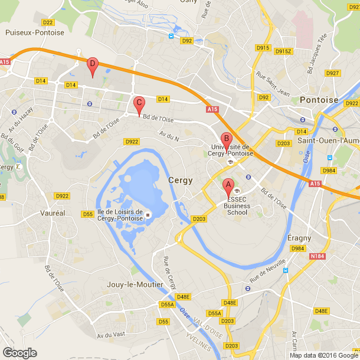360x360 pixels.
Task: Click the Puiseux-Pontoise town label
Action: pos(34,33)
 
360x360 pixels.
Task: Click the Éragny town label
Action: pos(299,238)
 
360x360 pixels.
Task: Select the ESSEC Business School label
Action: pos(237,209)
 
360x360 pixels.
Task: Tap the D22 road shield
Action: pos(48,22)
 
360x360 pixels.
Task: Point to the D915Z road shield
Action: pos(283,51)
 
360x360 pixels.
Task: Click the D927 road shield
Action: pos(332,73)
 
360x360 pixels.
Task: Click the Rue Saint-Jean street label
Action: pos(273,83)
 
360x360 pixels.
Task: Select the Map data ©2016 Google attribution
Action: pos(323,355)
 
